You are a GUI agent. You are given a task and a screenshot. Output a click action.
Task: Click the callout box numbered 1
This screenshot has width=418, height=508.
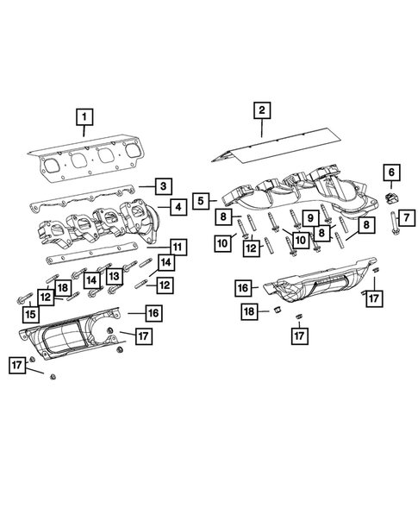84,115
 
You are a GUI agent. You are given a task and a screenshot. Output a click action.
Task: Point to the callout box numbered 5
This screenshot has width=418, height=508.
201,199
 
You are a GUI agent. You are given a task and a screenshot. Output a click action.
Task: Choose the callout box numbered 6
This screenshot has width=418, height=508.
390,175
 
